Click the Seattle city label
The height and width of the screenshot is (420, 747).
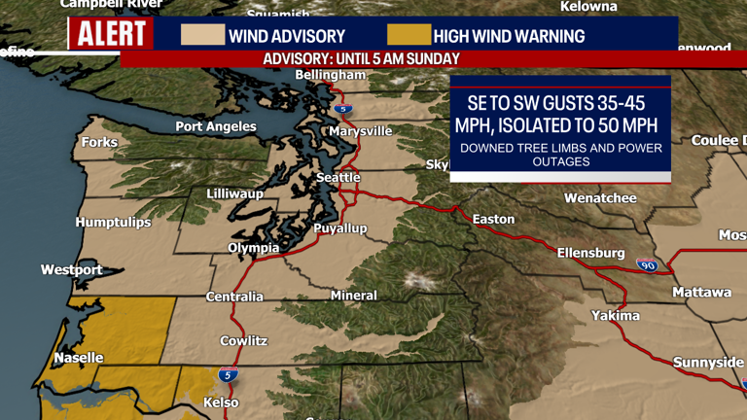338,178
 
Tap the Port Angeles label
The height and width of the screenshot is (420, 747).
216,126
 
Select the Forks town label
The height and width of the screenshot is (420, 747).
99,142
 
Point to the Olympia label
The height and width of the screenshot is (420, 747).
254,248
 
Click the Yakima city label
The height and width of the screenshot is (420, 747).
616,315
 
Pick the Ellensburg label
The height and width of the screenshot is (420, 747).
590,253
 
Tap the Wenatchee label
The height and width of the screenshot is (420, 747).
600,198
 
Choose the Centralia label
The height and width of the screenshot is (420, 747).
234,297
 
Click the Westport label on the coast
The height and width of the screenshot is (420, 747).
71,269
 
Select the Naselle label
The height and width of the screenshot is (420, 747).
79,358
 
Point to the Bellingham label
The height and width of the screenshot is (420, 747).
330,75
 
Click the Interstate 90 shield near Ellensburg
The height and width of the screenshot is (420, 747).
646,264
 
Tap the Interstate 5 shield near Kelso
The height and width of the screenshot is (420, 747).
228,374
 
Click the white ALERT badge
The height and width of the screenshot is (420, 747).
111,35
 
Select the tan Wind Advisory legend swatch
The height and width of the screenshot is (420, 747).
202,36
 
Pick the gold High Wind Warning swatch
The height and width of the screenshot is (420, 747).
408,36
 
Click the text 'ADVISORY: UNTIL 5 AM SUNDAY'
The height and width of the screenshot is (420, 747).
361,58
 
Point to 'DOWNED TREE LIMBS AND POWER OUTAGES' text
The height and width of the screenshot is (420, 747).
560,155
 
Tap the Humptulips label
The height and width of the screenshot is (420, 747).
114,223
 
